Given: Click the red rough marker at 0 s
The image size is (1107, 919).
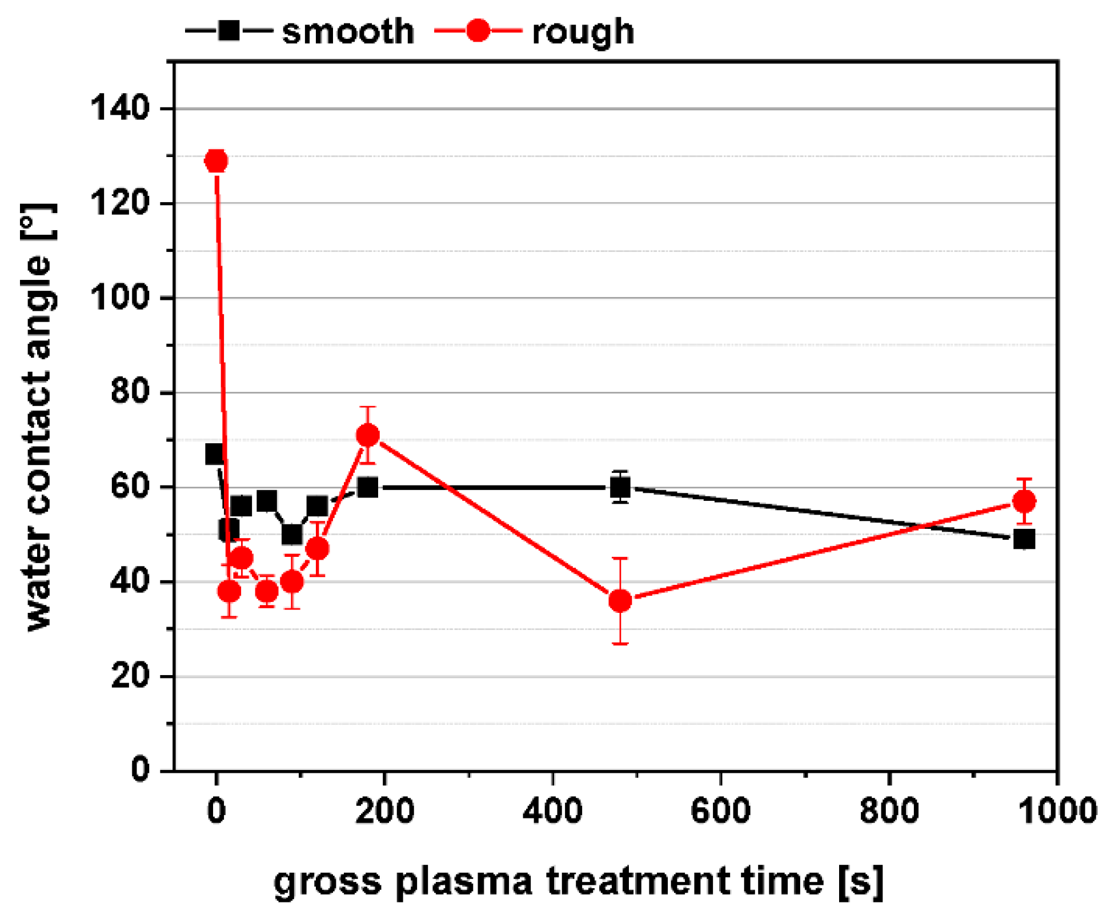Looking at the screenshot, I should coord(216,161).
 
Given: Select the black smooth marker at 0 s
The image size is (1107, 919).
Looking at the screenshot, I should coord(215,454).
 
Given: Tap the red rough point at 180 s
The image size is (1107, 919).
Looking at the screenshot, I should coord(368,435).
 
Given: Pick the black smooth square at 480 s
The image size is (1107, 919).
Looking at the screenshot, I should coord(620,487).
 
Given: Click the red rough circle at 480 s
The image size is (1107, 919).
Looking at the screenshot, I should coord(620,600).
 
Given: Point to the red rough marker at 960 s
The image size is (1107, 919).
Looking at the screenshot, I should coord(1024,501).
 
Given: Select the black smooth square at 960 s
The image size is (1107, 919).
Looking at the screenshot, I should coord(1024,539).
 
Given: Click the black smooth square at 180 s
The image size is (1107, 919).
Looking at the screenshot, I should coord(368,487).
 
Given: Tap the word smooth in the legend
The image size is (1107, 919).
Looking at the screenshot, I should coord(348,31).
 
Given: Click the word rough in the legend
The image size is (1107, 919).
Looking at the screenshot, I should coord(583,32).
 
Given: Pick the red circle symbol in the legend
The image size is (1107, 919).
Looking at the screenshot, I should coord(478,30).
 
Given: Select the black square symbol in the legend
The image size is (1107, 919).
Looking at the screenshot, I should coord(229,30).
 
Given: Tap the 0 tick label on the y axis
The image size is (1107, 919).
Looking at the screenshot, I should coord(140,770).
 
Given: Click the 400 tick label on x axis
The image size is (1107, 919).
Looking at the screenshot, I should coord(552,810).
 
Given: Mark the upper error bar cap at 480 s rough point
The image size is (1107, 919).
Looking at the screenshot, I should coord(620,558).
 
